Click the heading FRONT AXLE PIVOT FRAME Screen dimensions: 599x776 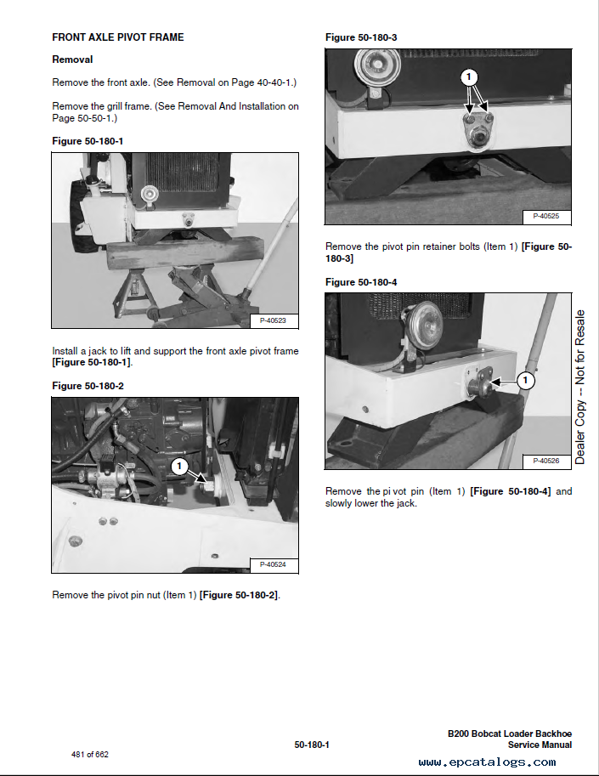click(118, 37)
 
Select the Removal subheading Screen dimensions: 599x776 click(72, 59)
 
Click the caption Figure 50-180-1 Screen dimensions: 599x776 click(88, 141)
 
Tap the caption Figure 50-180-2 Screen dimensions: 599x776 click(88, 386)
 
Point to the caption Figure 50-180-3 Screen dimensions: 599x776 click(361, 37)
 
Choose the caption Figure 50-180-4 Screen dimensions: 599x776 click(361, 282)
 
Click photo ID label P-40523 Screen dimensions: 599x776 click(273, 320)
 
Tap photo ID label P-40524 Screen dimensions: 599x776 click(273, 564)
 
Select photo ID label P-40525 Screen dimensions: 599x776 click(546, 216)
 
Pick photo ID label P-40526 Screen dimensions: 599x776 click(546, 461)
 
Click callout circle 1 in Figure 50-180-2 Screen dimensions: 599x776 click(179, 466)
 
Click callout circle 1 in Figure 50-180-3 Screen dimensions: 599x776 click(469, 76)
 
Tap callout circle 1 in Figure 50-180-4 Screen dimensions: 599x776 click(525, 380)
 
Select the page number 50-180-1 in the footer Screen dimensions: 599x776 click(312, 745)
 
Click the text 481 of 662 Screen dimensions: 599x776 click(89, 754)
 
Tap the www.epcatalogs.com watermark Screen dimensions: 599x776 click(487, 762)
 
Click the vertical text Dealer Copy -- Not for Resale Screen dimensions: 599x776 click(579, 387)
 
